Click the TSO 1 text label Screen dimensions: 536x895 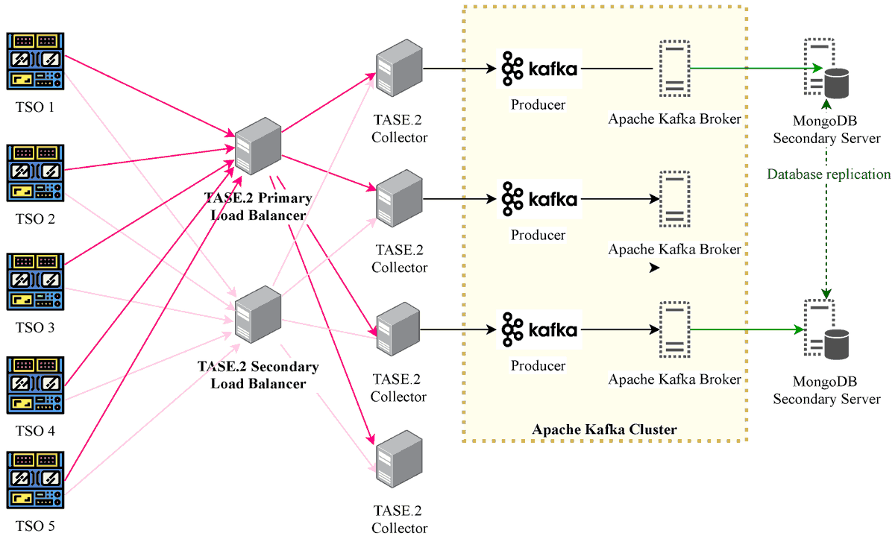tap(36, 107)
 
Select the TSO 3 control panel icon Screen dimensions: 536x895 tap(36, 281)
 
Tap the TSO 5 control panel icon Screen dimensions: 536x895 tap(36, 478)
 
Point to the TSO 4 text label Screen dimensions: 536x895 tap(36, 431)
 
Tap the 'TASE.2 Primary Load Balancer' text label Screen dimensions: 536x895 tap(257, 207)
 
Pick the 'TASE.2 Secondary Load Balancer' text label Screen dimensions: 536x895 tap(257, 376)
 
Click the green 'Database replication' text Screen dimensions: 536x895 tap(829, 174)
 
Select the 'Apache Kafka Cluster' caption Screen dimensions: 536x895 tap(604, 429)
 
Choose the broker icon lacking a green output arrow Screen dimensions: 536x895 tap(674, 199)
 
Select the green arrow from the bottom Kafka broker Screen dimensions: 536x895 tap(746, 329)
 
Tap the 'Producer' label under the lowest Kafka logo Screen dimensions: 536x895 tap(538, 366)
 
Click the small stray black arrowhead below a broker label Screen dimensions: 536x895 tap(655, 268)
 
